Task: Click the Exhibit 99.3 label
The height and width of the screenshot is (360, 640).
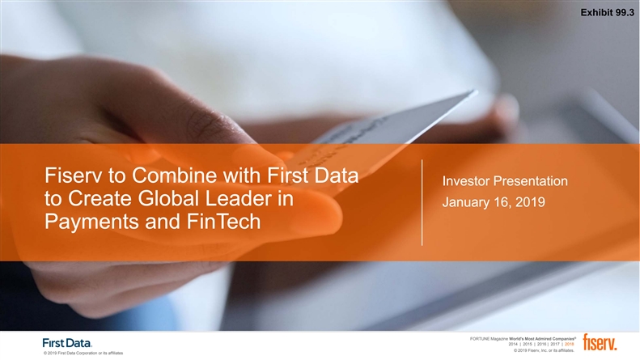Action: tap(607, 13)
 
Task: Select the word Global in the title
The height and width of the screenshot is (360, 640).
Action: tap(169, 199)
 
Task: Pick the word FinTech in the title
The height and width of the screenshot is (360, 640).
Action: tap(223, 222)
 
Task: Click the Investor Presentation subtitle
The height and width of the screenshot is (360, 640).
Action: tap(505, 181)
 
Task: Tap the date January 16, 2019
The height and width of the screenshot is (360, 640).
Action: tap(494, 202)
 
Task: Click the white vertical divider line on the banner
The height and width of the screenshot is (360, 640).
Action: tap(422, 202)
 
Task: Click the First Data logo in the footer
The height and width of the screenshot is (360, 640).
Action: tap(67, 343)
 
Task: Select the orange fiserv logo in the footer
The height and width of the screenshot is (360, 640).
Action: tap(600, 342)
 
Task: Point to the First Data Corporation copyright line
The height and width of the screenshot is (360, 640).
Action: tap(83, 353)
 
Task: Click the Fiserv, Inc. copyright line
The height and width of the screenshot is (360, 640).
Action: tap(544, 350)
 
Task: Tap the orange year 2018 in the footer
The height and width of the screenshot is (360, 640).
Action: tap(569, 344)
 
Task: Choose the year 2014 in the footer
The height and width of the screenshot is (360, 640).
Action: tap(513, 344)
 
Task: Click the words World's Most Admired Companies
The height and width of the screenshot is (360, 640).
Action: tap(542, 339)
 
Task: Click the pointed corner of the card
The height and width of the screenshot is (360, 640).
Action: tap(476, 91)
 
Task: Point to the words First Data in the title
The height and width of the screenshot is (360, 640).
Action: tap(312, 176)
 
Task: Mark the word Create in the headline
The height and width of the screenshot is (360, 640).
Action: tap(100, 199)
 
